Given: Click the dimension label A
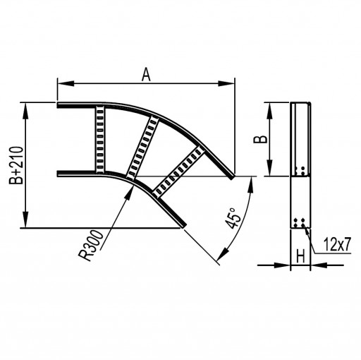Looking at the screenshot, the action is (146, 75).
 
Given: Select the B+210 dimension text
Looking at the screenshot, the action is (16, 165).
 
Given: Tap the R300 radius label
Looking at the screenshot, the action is (91, 246).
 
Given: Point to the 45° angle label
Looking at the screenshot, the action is (233, 218).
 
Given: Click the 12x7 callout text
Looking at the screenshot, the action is (337, 244).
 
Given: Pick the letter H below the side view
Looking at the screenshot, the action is (300, 256).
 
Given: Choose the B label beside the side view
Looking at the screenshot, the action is (260, 139).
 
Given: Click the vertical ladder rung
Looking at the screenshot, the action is (100, 140).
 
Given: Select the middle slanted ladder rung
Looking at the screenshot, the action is (142, 148).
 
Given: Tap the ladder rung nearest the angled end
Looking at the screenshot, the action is (178, 172).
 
